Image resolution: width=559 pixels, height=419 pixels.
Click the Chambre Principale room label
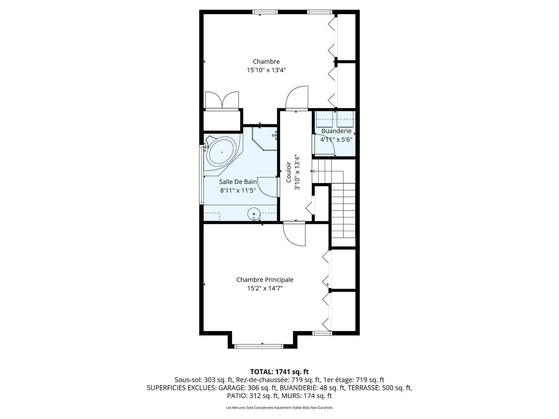click(x=265, y=280)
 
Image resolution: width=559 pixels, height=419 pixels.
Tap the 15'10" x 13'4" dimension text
click(x=266, y=70)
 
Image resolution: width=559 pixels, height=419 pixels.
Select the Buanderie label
click(x=336, y=131)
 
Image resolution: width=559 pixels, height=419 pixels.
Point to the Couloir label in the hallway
click(x=289, y=172)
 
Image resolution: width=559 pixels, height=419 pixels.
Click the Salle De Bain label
click(x=238, y=182)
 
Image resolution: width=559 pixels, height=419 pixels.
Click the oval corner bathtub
click(x=222, y=153)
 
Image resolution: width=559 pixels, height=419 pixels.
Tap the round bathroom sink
click(x=254, y=214)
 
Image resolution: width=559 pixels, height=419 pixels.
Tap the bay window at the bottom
click(x=259, y=346)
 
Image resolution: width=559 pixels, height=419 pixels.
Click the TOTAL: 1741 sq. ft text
click(x=279, y=372)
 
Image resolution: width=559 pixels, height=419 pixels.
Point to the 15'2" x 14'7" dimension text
click(x=265, y=288)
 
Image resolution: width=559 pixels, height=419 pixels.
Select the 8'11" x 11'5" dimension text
click(x=238, y=190)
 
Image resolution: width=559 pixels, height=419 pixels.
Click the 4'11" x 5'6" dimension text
click(x=336, y=140)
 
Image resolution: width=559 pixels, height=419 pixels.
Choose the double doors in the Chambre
click(x=222, y=100)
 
